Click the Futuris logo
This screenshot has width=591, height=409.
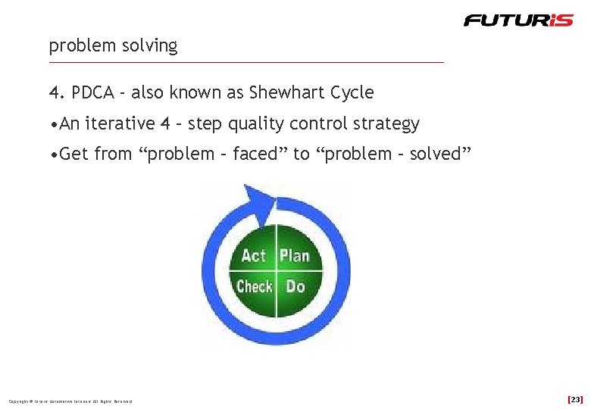tap(518, 20)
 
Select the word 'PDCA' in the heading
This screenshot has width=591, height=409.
tap(93, 93)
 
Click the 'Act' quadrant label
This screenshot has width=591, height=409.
tap(254, 256)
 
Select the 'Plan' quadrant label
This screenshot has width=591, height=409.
tap(295, 256)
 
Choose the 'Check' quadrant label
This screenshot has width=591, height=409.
tap(254, 286)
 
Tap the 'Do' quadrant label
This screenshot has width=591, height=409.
tap(295, 286)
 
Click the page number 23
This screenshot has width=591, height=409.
tap(575, 399)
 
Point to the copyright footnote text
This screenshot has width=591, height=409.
tap(70, 401)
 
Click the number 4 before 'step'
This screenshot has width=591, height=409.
tap(165, 123)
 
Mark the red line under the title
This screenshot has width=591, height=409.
tap(246, 62)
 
